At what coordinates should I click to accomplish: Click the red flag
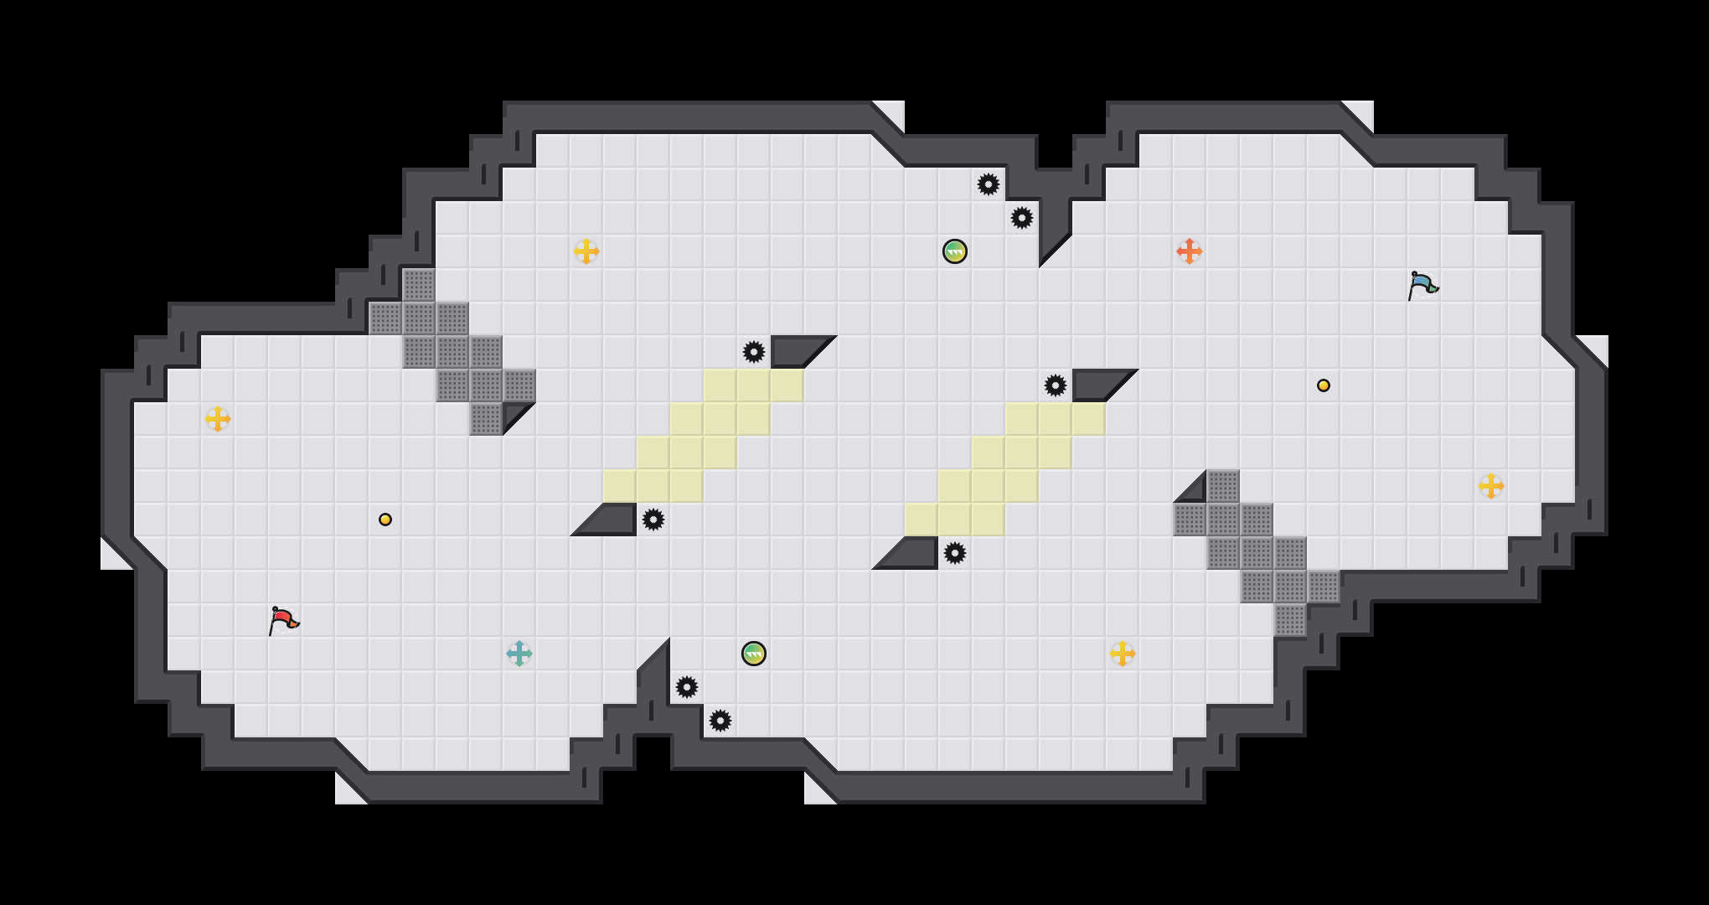click(283, 620)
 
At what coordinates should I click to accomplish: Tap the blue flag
click(1422, 285)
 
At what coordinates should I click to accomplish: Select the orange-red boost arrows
click(1190, 251)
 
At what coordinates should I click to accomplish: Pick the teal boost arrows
click(519, 654)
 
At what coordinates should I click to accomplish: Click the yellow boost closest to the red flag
click(218, 419)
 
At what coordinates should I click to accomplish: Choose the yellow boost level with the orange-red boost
click(586, 251)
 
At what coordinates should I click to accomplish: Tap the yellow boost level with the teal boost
click(1123, 654)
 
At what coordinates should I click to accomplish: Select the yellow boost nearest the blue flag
click(1491, 486)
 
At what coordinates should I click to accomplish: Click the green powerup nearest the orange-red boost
click(955, 251)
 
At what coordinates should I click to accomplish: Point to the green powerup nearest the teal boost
click(754, 654)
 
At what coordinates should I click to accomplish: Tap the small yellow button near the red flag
click(385, 520)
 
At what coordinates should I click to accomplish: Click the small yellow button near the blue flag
click(1324, 385)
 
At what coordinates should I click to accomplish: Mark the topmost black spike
click(989, 184)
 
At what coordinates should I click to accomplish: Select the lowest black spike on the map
click(720, 721)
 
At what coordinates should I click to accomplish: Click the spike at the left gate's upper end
click(754, 352)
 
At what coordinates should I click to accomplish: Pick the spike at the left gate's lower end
click(653, 520)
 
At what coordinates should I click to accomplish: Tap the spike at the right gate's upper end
click(1056, 385)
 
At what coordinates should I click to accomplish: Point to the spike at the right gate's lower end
click(955, 553)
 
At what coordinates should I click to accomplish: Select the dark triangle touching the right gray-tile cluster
click(1195, 492)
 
